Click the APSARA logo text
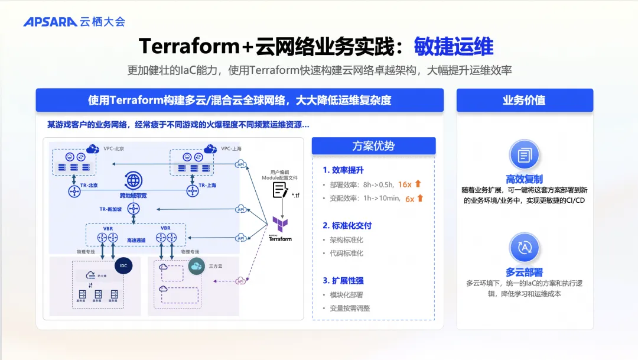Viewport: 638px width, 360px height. coord(50,22)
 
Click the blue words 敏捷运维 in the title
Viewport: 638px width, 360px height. coord(454,46)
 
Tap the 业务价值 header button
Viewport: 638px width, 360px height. coord(524,100)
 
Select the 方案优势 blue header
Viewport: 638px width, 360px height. coord(373,146)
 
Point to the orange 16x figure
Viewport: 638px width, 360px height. coord(405,184)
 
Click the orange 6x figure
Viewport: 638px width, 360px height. coord(409,199)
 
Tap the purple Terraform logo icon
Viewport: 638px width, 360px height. coord(280,224)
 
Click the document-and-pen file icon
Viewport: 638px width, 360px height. coord(281,189)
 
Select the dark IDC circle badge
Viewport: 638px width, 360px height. coord(123,266)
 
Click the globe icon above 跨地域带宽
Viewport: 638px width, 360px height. coord(133,180)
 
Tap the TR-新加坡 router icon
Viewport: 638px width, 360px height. coord(134,209)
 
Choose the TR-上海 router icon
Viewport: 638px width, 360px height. coord(193,191)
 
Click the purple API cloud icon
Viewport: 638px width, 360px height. coord(240,281)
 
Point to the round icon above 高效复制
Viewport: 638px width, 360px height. coord(524,155)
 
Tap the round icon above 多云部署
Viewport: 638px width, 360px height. coord(524,248)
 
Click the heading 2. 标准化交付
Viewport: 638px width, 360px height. coord(347,225)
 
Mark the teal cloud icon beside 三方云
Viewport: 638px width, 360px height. coord(196,267)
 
